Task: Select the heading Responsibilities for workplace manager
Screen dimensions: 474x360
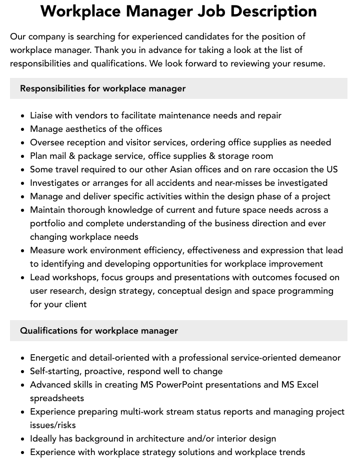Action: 102,88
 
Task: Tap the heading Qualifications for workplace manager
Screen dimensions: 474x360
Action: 99,331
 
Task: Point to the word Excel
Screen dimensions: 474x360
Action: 306,385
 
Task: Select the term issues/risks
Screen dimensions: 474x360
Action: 53,425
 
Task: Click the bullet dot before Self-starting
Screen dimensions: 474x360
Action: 23,372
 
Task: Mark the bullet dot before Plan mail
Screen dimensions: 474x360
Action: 23,156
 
